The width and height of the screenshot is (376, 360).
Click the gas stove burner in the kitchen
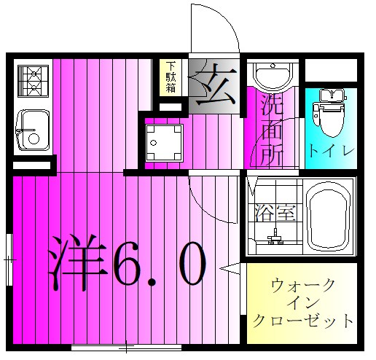coord(31,81)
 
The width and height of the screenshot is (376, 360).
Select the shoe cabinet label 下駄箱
coord(170,77)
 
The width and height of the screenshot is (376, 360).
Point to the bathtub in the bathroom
coord(329,216)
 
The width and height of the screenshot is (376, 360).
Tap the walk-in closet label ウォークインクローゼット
coord(302,302)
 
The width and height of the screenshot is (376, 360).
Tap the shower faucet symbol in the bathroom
coord(276,237)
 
